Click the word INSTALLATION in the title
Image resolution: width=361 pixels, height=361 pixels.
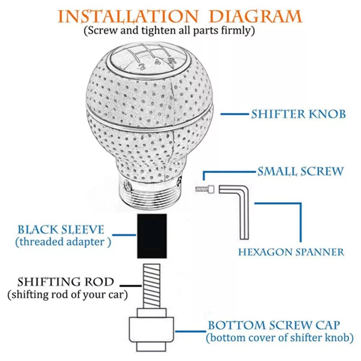(128, 16)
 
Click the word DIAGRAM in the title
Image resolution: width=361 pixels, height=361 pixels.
(256, 16)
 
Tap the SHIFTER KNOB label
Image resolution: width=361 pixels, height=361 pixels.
(299, 114)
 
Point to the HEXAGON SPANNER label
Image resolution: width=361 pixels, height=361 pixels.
(291, 252)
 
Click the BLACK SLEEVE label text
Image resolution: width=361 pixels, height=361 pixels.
(61, 230)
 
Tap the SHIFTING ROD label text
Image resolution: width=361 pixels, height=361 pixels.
(66, 282)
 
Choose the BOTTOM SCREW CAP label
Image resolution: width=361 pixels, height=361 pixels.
(274, 325)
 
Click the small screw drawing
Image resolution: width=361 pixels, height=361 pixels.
(205, 189)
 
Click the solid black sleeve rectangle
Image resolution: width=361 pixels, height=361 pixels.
(152, 236)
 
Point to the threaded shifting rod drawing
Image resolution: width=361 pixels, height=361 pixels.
(152, 286)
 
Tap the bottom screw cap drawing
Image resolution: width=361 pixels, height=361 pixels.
(151, 330)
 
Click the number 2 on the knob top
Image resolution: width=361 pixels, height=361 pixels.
(142, 67)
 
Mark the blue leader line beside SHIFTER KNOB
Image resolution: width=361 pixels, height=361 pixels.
(235, 114)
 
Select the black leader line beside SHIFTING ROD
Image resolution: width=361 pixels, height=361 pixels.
(131, 286)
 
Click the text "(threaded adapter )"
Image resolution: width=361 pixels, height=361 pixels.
(63, 242)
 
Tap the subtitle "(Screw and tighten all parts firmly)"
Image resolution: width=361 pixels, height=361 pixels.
(169, 31)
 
